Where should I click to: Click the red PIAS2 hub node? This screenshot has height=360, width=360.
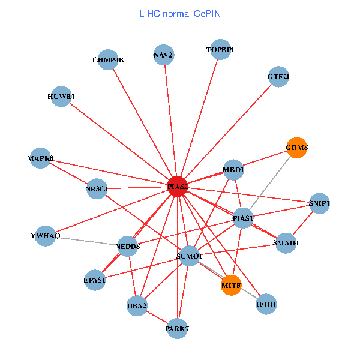point(178,187)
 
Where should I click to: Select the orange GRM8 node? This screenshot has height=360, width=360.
point(296,148)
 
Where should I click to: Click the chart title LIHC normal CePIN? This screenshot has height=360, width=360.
point(179,13)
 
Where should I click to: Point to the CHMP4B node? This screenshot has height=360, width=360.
point(107,59)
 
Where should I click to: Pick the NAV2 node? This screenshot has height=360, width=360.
point(163,55)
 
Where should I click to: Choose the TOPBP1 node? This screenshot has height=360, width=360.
point(220,50)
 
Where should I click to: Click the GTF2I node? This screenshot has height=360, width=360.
point(278,77)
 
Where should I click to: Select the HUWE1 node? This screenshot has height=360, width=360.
point(61,97)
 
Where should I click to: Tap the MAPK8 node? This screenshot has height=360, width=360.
point(41,158)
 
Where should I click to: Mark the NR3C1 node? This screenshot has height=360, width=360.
point(97,189)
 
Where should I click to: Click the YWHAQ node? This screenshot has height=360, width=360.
point(46,235)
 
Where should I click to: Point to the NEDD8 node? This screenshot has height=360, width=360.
point(128,246)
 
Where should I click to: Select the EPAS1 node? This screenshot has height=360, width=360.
point(95,280)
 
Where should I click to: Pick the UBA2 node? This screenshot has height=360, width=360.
point(137,306)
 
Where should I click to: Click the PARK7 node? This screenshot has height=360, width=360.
point(177,328)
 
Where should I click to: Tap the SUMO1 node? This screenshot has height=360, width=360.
point(189,256)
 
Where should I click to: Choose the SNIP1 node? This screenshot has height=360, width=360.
point(319,203)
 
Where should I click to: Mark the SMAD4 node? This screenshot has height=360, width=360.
point(286,243)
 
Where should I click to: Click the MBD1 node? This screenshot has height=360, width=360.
point(233,170)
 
